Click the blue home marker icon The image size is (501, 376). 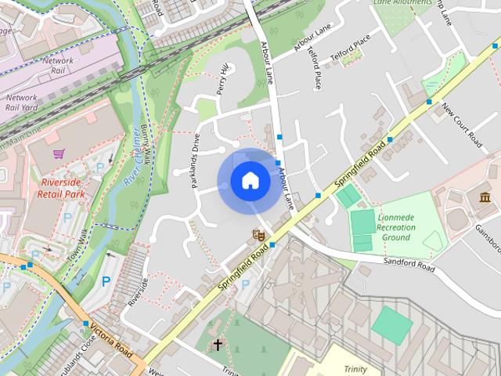click(250, 181)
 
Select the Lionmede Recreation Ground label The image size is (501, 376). click(396, 227)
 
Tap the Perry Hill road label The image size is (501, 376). click(224, 79)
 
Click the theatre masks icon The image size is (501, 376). click(256, 233)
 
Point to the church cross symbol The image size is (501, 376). click(217, 344)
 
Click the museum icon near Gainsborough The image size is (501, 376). click(485, 196)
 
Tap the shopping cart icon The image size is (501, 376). click(58, 154)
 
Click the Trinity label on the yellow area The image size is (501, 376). click(355, 368)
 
